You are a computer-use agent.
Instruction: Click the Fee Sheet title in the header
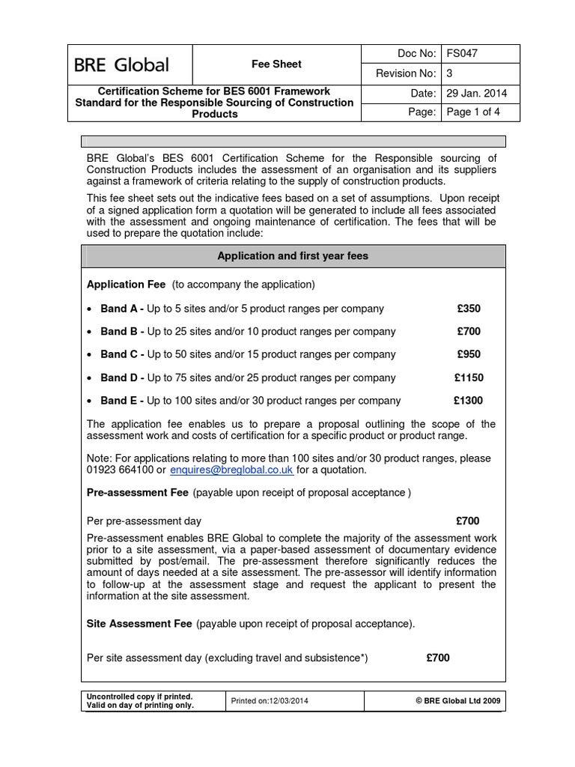coord(276,64)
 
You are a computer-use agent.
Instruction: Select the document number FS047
coord(462,54)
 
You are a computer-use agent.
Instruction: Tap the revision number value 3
coord(449,73)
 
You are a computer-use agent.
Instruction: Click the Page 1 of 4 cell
coord(473,112)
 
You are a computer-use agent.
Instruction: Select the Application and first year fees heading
coord(292,256)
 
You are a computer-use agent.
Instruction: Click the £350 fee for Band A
coord(469,309)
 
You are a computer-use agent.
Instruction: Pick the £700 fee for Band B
coord(469,331)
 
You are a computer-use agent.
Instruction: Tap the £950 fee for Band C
coord(469,354)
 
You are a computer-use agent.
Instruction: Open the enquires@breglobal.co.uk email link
coord(231,470)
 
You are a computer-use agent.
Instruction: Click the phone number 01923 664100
coord(118,470)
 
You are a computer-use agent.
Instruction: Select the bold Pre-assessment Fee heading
coord(139,494)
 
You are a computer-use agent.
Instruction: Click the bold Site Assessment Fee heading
coord(141,623)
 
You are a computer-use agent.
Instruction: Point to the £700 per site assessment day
coord(438,658)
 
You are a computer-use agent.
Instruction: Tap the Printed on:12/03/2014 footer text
coord(271,701)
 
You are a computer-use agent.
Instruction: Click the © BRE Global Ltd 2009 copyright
coord(459,701)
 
